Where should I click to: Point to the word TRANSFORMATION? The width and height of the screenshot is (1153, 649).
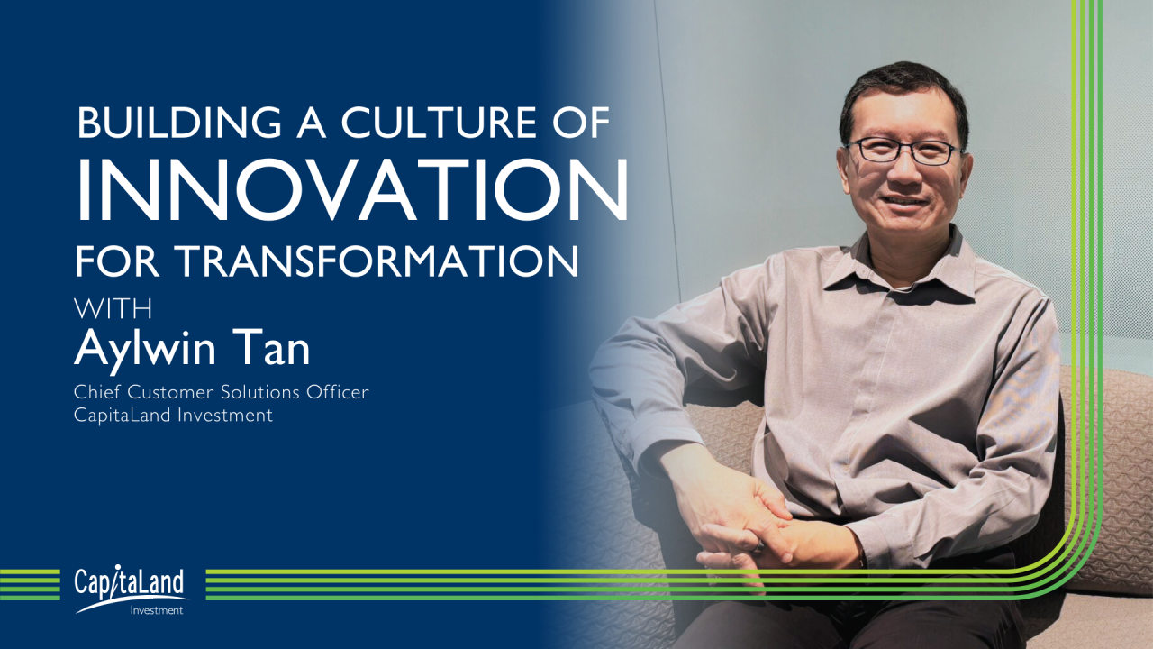coord(375,261)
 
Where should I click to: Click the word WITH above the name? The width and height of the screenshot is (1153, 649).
coord(113,307)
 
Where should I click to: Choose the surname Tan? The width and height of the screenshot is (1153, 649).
coord(277,348)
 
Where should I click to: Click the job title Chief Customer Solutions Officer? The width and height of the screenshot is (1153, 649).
coord(222,392)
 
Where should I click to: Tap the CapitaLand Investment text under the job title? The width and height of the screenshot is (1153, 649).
coord(173,415)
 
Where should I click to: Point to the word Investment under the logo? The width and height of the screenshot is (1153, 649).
coord(156,610)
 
